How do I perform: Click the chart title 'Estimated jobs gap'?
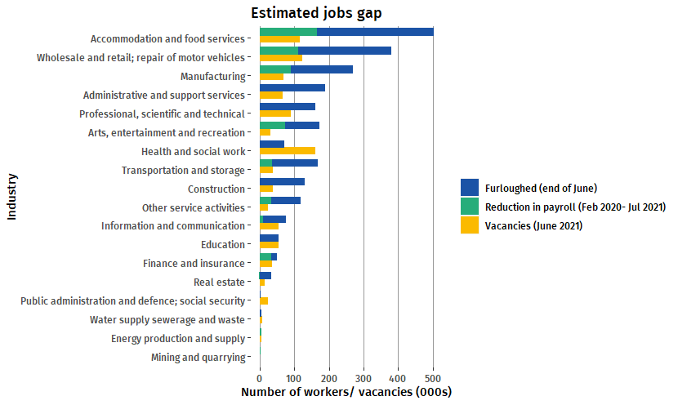(x=316, y=12)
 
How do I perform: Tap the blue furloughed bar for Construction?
(x=282, y=181)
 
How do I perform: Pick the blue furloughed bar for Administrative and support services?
(x=292, y=88)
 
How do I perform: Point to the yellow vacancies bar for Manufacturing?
(x=271, y=77)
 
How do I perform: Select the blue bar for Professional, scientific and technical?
(x=287, y=107)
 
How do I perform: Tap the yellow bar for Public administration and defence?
(x=264, y=301)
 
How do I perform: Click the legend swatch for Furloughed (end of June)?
(x=470, y=188)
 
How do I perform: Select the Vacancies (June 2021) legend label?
(x=533, y=226)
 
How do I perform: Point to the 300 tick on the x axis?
(x=364, y=378)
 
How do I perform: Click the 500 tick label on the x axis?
(x=434, y=378)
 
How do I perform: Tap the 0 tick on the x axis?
(x=260, y=378)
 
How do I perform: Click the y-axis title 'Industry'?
(x=12, y=196)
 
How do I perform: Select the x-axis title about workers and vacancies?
(x=346, y=393)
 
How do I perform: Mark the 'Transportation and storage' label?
(x=183, y=170)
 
